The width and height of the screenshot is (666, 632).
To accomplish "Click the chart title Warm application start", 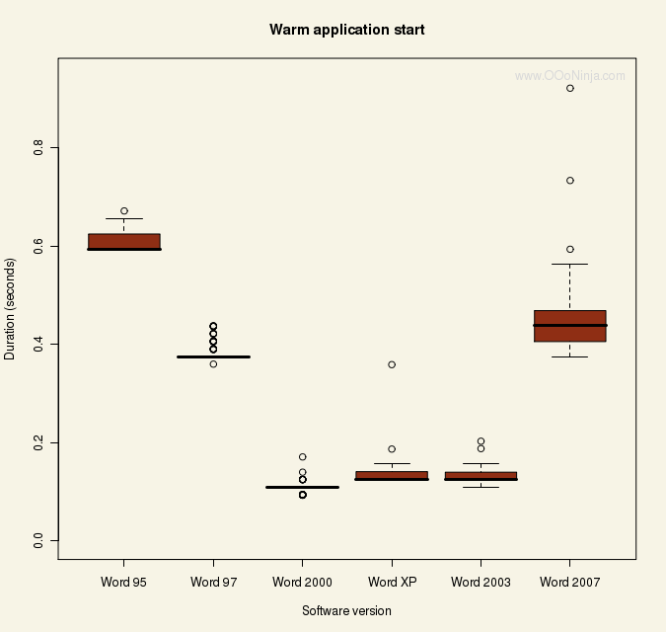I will (346, 30).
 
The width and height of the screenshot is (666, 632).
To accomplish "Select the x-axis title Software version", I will (346, 611).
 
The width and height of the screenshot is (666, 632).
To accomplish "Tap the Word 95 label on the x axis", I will (123, 583).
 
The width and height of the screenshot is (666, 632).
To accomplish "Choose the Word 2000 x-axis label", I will (302, 583).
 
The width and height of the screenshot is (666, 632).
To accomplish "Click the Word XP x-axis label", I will (392, 583).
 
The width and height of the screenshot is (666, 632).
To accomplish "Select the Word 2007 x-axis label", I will (569, 583).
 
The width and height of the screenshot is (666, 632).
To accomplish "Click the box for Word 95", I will (124, 241).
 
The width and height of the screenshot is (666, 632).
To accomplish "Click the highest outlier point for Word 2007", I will (570, 88).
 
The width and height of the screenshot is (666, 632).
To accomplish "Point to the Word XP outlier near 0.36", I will (392, 364).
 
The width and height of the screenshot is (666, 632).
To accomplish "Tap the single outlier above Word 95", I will (124, 210).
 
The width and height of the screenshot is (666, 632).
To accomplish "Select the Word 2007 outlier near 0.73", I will (570, 181).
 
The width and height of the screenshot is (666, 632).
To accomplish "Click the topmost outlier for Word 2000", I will (302, 457).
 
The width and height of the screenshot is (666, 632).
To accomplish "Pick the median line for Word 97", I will (213, 356).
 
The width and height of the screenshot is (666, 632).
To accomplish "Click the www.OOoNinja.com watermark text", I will (569, 75).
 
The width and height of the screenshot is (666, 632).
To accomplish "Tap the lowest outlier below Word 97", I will (213, 364).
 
